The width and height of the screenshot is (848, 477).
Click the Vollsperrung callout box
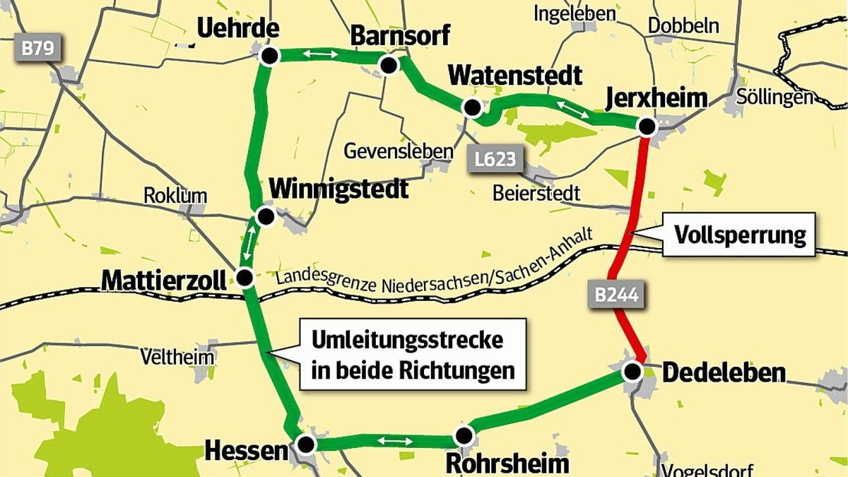(x=740, y=235)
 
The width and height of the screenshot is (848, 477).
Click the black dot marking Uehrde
(x=268, y=56)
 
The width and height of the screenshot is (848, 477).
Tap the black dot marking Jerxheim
(x=646, y=126)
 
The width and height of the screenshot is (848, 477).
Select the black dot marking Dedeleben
(x=633, y=370)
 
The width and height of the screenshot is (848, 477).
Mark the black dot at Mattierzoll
(x=246, y=277)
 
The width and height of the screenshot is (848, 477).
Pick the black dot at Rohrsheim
(x=464, y=434)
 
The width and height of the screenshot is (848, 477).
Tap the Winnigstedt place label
(x=338, y=189)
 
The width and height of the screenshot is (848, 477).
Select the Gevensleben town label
(x=398, y=151)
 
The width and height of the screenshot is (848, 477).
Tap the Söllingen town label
(x=775, y=97)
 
